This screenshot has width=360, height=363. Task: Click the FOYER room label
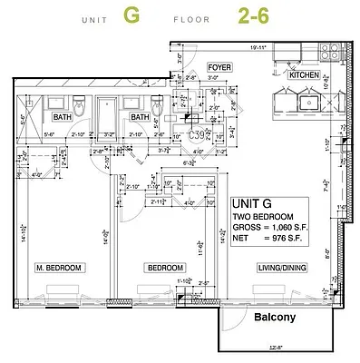(219, 67)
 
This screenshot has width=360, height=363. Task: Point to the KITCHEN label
(304, 76)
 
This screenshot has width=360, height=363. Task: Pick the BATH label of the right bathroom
(140, 117)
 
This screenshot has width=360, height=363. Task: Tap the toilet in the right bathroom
(157, 108)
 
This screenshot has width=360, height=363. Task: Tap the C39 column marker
(193, 132)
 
